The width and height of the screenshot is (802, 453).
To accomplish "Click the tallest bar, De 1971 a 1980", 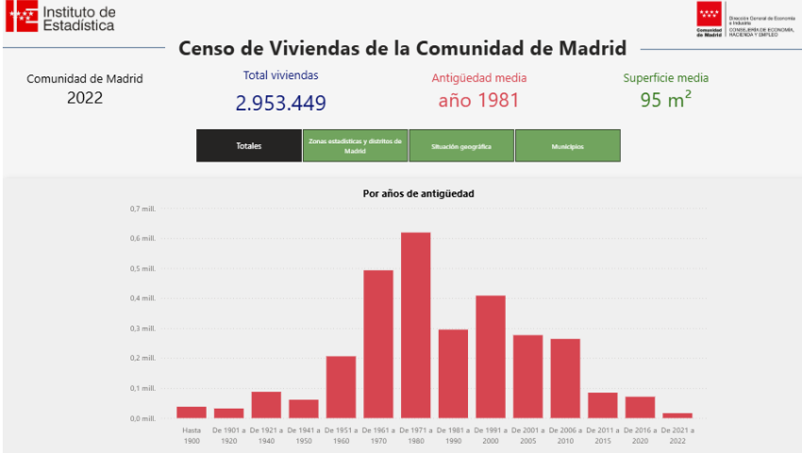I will click(x=415, y=326).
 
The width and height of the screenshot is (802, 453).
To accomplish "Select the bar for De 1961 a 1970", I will click(x=378, y=344).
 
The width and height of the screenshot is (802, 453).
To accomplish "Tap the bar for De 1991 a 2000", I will click(x=491, y=357).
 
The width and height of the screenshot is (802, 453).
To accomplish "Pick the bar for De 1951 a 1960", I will click(x=341, y=387).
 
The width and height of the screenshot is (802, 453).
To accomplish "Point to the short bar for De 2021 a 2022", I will click(x=677, y=415).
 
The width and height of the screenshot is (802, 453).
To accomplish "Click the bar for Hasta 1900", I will click(x=192, y=412).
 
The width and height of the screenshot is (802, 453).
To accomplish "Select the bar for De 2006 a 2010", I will click(x=565, y=378).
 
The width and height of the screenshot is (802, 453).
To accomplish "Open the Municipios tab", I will click(x=567, y=146).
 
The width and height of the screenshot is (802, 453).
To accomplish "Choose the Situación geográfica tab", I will click(x=461, y=146).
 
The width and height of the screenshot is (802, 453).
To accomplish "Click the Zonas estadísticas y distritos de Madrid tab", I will click(x=355, y=146).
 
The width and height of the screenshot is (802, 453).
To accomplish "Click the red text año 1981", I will click(x=478, y=100).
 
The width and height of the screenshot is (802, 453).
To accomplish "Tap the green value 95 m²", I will click(x=665, y=100).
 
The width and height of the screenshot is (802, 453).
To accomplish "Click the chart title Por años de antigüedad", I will click(x=418, y=193).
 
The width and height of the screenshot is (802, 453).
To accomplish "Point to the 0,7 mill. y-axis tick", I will click(x=142, y=209).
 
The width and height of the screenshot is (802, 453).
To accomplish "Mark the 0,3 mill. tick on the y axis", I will click(x=142, y=328).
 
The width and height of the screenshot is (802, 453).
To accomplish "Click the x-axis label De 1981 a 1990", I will click(x=453, y=434).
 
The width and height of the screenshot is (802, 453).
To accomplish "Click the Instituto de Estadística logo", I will click(x=61, y=18).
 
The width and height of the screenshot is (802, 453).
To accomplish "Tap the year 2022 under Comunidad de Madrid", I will click(x=85, y=98).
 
